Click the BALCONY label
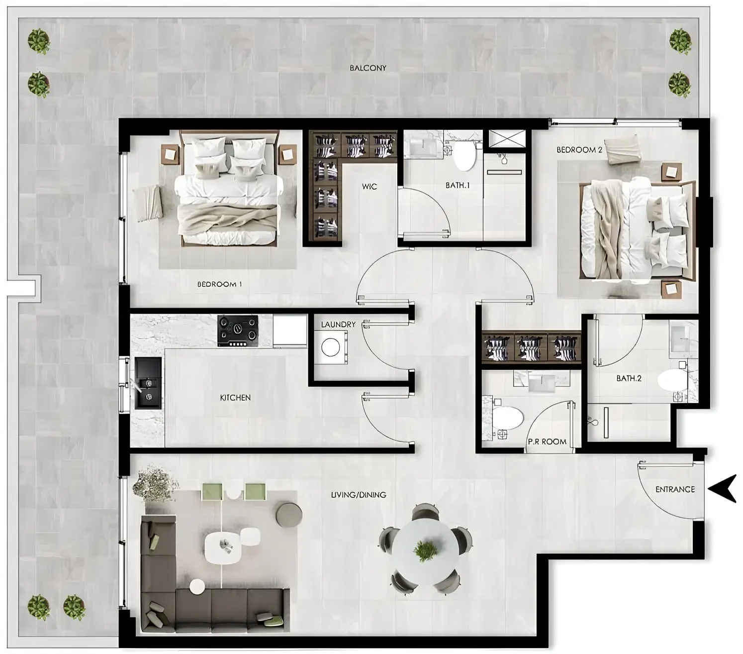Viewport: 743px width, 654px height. tap(368, 68)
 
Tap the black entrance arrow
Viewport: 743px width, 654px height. tap(722, 489)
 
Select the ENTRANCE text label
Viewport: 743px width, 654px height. tap(675, 489)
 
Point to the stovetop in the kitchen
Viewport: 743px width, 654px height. tap(239, 330)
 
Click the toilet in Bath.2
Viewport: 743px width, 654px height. tap(672, 381)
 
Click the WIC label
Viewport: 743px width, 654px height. tap(370, 187)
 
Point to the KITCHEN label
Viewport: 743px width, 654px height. tap(235, 398)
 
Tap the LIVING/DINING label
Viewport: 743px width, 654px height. tap(359, 495)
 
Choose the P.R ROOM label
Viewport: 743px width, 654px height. tap(547, 441)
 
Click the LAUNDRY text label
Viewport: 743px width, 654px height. tap(338, 325)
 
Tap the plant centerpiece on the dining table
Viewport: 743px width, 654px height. tap(426, 550)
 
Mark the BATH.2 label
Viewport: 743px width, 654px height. tap(629, 378)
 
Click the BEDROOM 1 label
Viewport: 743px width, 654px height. tap(219, 284)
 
